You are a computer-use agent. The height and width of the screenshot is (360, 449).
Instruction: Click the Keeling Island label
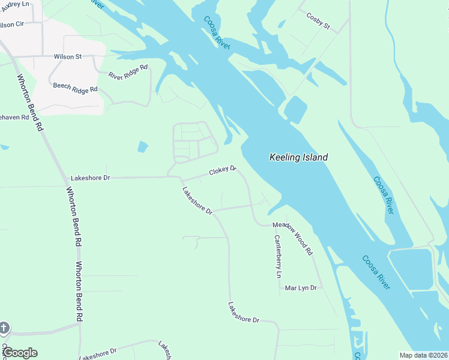coord(298,158)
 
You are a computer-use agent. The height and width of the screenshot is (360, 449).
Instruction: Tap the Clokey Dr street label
coord(223,172)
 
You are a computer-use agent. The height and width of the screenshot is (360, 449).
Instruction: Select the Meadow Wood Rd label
coord(293,238)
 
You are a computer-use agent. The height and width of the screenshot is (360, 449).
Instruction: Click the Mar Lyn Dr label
coord(300,288)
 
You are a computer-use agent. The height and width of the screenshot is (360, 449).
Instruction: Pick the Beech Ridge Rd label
coord(75,88)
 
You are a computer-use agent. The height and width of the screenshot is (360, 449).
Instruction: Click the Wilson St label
coord(67,56)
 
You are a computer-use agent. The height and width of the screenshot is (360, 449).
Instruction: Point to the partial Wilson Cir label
coord(11,25)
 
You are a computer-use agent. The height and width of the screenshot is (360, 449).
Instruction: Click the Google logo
coord(19,353)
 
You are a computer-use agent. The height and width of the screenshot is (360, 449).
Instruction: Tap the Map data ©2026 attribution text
coord(423,355)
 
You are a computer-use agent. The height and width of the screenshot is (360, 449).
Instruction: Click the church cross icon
coord(4,328)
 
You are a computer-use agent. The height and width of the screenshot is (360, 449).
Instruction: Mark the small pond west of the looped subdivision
coord(142,146)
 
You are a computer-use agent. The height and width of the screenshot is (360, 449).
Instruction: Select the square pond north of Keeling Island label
coord(295,110)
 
